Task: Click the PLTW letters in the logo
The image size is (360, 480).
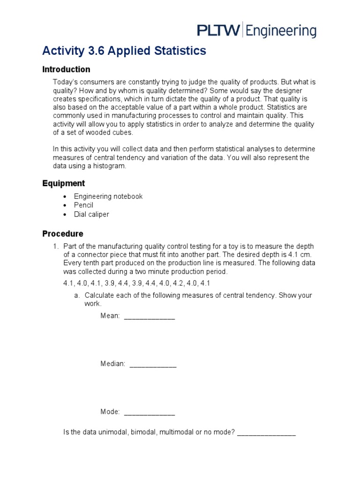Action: [218, 31]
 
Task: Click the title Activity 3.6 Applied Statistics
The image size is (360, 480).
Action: [124, 51]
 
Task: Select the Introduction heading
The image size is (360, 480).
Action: [66, 69]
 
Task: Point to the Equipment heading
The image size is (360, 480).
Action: [64, 183]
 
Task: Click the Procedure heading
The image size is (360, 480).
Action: [63, 233]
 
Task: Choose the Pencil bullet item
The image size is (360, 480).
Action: [83, 205]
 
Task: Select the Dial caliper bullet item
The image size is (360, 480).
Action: [91, 214]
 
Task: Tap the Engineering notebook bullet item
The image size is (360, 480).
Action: [108, 196]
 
